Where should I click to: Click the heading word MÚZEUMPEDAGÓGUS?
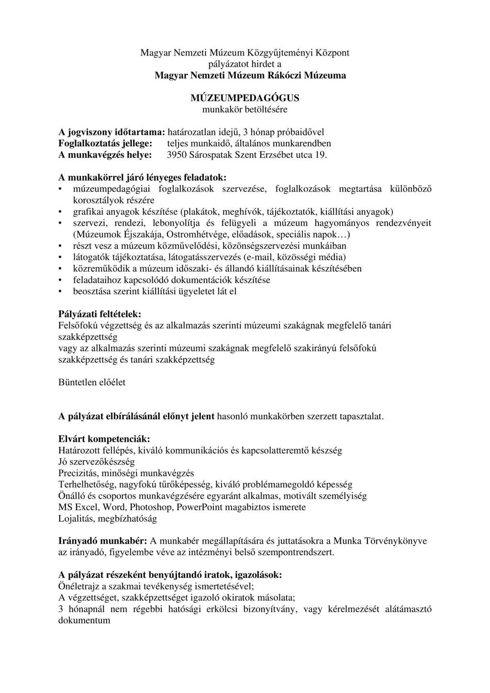[245, 98]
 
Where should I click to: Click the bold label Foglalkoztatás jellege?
[106, 144]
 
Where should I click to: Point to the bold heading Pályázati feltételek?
[100, 314]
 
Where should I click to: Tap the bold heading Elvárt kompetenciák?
[104, 438]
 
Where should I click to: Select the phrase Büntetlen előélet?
[92, 382]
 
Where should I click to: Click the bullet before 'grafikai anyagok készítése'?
[60, 212]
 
